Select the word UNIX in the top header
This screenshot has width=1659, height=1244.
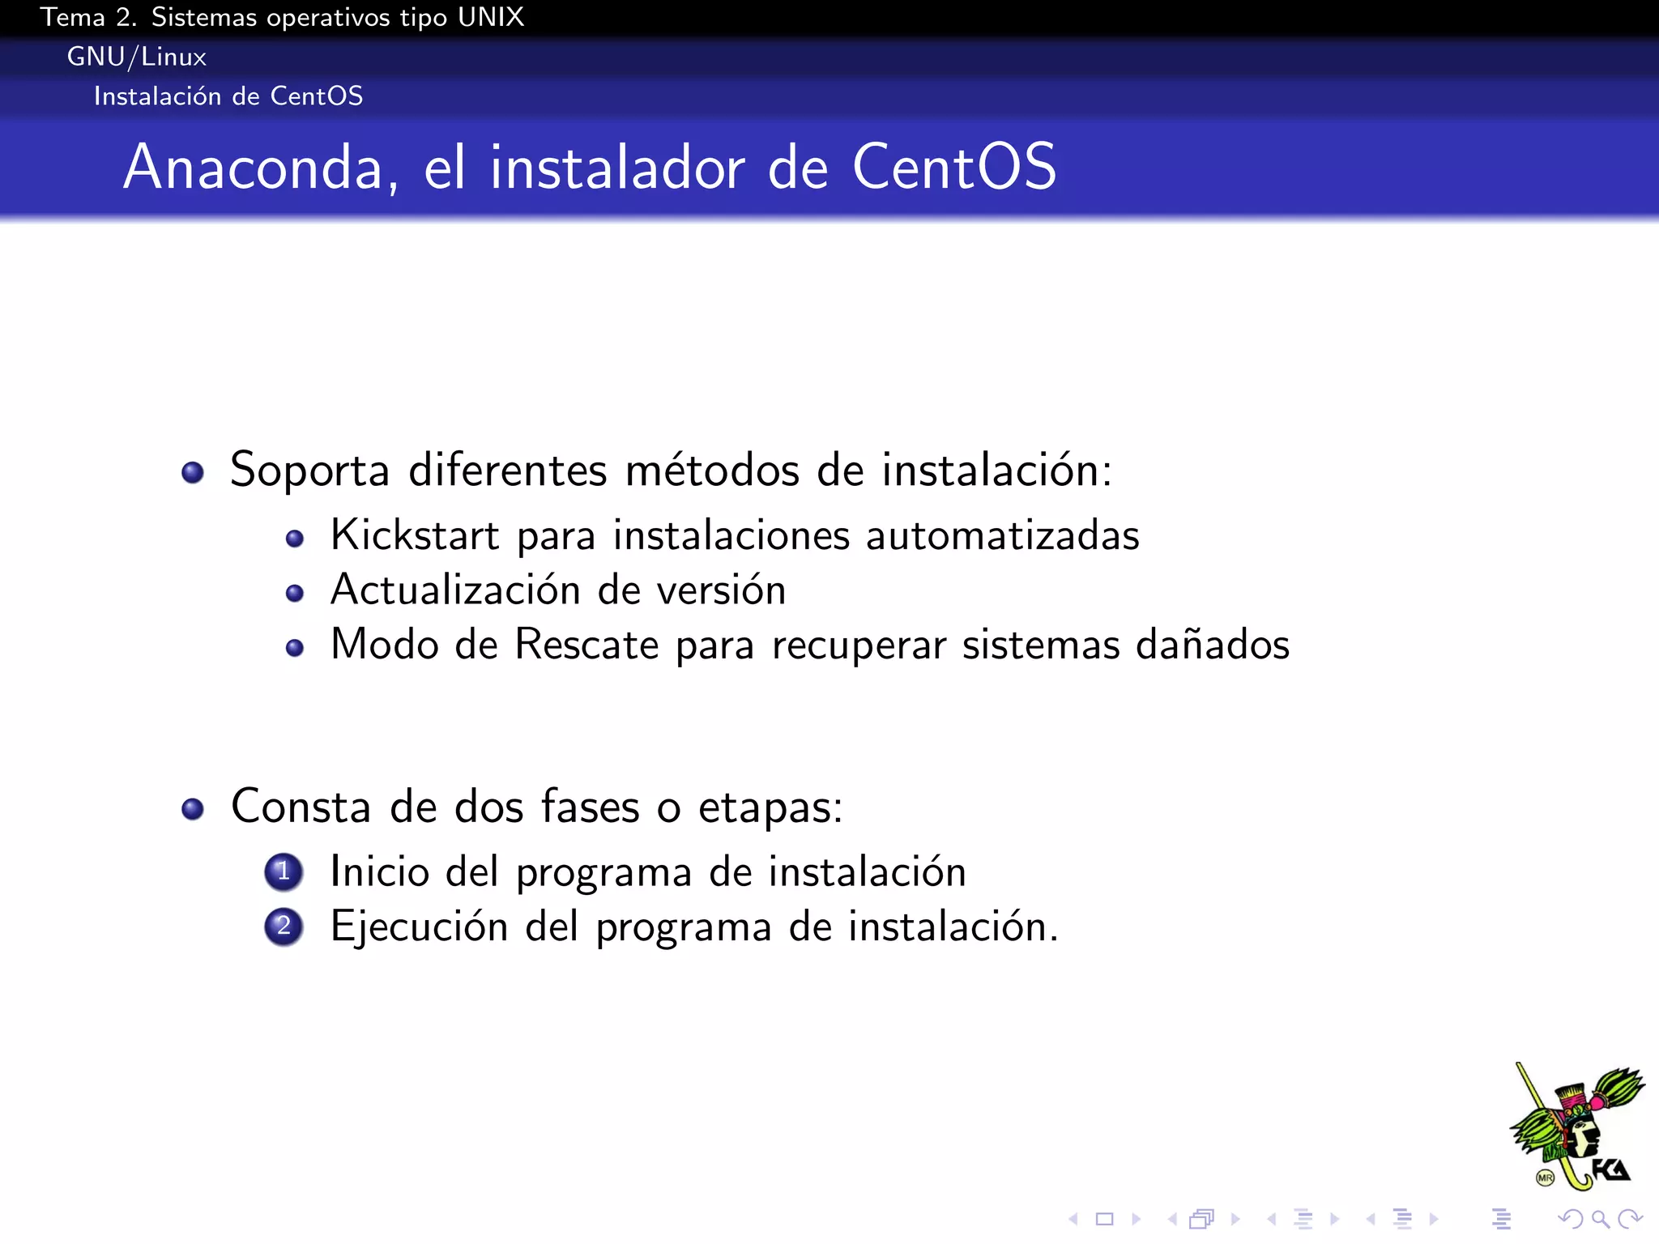click(x=491, y=17)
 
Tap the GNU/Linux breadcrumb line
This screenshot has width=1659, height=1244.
click(x=137, y=57)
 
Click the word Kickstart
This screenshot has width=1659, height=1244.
click(x=415, y=535)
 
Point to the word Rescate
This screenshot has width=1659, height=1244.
click(x=586, y=645)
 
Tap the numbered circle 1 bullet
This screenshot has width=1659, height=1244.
click(x=284, y=872)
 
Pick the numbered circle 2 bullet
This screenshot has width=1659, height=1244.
click(x=284, y=927)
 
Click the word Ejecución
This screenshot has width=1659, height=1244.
click(x=419, y=927)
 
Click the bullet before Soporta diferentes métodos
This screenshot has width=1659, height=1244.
click(x=193, y=472)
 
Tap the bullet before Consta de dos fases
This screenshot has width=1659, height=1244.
click(x=193, y=808)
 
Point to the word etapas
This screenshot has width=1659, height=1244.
click(x=770, y=807)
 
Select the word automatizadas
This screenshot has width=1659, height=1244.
click(x=1002, y=535)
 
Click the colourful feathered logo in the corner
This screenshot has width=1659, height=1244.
click(x=1576, y=1127)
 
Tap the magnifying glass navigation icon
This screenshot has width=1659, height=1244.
click(x=1600, y=1219)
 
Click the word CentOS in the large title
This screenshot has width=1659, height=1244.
click(x=953, y=168)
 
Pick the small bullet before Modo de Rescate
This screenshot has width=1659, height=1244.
click(x=295, y=648)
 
